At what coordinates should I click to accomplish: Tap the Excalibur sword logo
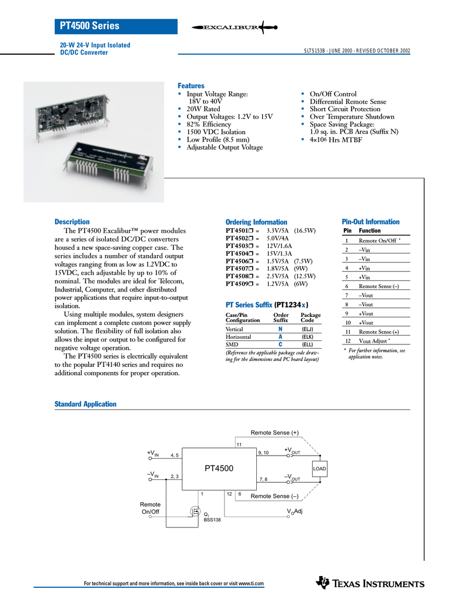pyautogui.click(x=234, y=27)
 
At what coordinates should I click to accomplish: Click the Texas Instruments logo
pyautogui.click(x=370, y=583)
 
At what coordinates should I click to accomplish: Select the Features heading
pyautogui.click(x=191, y=86)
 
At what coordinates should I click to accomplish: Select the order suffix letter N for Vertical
pyautogui.click(x=280, y=329)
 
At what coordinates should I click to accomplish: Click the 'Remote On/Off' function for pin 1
pyautogui.click(x=377, y=241)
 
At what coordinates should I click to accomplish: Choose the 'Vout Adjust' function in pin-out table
pyautogui.click(x=373, y=341)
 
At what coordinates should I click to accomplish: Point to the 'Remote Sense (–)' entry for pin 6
pyautogui.click(x=379, y=286)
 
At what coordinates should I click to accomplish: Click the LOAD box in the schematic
pyautogui.click(x=319, y=469)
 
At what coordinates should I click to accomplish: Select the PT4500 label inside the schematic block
pyautogui.click(x=219, y=469)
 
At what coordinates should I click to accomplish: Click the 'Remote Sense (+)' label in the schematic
pyautogui.click(x=275, y=433)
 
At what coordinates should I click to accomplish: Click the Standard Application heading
pyautogui.click(x=85, y=404)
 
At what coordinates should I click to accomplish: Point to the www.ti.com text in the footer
pyautogui.click(x=250, y=583)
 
